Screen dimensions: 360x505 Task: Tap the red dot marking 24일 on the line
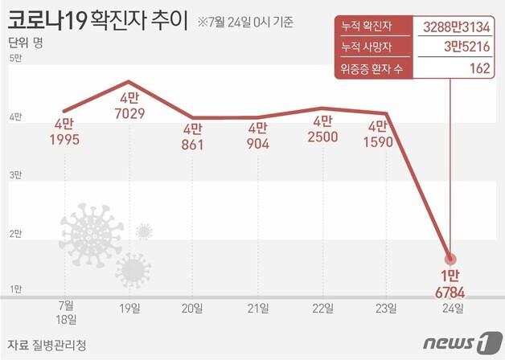(x=450, y=259)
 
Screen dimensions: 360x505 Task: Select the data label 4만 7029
(x=129, y=106)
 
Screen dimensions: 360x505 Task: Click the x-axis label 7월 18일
(x=66, y=313)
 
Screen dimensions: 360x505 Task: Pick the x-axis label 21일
(x=257, y=307)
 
